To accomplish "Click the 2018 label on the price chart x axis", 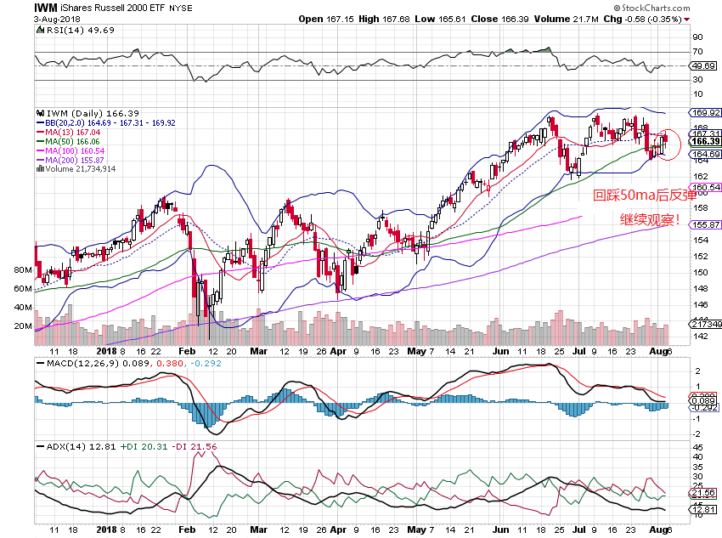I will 107,350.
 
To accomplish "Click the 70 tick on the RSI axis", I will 697,52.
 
